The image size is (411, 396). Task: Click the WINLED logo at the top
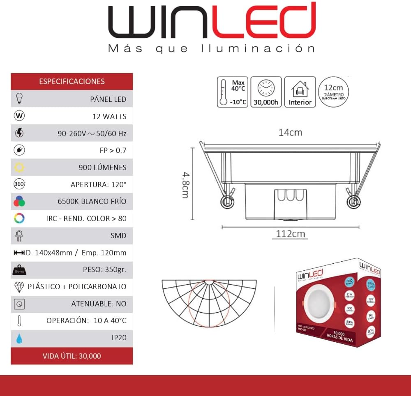pyautogui.click(x=212, y=21)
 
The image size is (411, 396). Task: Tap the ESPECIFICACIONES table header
pyautogui.click(x=72, y=81)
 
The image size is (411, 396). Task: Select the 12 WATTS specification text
pyautogui.click(x=109, y=116)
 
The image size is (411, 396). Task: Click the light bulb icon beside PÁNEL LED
pyautogui.click(x=19, y=99)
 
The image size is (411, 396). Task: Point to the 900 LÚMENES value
pyautogui.click(x=102, y=168)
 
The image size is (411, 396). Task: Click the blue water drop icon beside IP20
pyautogui.click(x=19, y=338)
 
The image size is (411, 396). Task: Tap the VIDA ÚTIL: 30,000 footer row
pyautogui.click(x=72, y=356)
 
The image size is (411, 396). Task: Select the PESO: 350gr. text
pyautogui.click(x=104, y=270)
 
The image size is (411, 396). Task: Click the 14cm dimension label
pyautogui.click(x=290, y=132)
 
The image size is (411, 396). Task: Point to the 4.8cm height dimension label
pyautogui.click(x=185, y=185)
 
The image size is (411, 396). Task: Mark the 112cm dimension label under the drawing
pyautogui.click(x=290, y=234)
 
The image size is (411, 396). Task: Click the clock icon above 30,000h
pyautogui.click(x=266, y=88)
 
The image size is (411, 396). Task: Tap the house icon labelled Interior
pyautogui.click(x=300, y=89)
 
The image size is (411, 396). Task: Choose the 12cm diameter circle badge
pyautogui.click(x=333, y=92)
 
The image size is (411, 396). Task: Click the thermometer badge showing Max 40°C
pyautogui.click(x=233, y=92)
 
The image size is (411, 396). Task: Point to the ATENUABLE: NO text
pyautogui.click(x=99, y=304)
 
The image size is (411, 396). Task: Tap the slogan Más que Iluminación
pyautogui.click(x=211, y=49)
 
